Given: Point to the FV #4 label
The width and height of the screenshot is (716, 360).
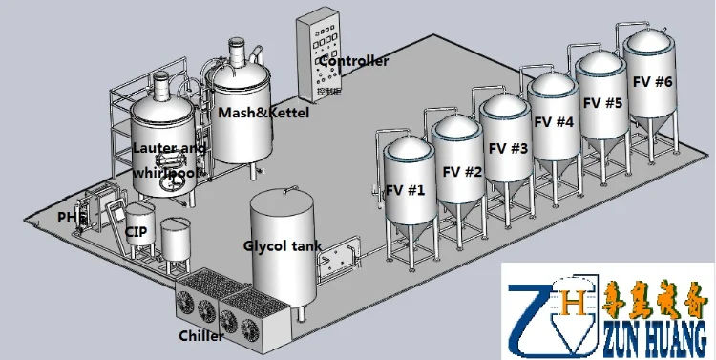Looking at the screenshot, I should (x=554, y=122).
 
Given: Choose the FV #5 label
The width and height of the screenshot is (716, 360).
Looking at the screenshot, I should (x=602, y=102).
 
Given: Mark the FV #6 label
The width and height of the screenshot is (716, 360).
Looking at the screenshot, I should (x=651, y=82).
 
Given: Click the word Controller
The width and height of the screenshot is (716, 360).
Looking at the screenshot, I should (x=354, y=62).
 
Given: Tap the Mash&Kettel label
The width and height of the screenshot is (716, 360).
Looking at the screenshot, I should (x=255, y=113).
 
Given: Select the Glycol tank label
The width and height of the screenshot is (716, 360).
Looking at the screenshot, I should (x=282, y=245).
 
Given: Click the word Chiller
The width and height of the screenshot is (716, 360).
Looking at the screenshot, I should (x=201, y=336).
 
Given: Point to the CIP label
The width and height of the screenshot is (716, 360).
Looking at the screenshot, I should (x=135, y=231).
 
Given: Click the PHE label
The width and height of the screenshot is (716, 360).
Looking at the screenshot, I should (x=71, y=218).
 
